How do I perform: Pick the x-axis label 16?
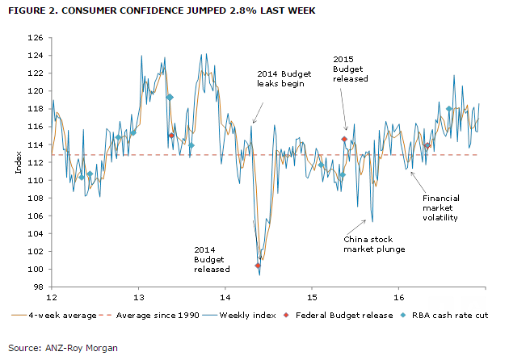(398, 295)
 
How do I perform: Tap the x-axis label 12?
(52, 295)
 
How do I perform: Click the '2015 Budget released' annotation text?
(351, 69)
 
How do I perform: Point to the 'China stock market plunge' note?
(373, 245)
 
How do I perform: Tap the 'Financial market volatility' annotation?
(440, 207)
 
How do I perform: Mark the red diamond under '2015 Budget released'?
(344, 139)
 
